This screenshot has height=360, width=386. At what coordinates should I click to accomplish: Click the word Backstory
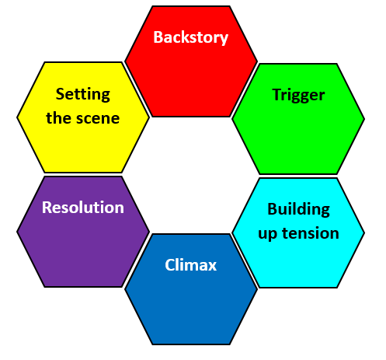[190, 37]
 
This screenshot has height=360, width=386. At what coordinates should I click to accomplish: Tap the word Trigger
[298, 95]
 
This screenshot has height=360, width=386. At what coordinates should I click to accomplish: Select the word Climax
[190, 265]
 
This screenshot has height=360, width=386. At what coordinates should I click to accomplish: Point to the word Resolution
[82, 208]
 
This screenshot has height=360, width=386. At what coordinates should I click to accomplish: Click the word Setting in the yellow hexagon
[82, 95]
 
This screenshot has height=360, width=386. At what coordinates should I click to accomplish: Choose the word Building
[298, 208]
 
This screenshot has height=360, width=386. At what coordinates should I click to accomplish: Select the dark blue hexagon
[190, 307]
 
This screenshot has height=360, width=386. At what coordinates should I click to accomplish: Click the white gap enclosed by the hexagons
[190, 175]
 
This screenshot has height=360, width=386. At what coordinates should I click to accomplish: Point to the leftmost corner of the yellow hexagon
[18, 117]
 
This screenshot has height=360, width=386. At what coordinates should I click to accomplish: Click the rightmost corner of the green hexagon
[363, 119]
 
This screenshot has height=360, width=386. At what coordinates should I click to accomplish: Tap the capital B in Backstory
[158, 37]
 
